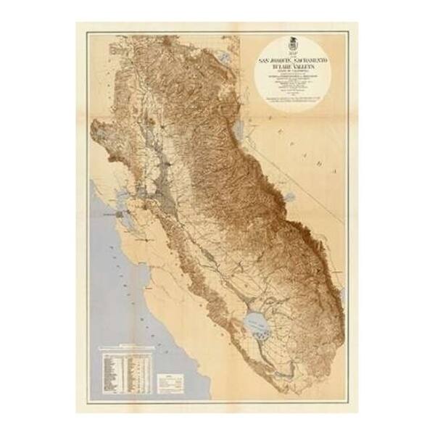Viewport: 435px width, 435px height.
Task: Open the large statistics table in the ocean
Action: click(127, 370)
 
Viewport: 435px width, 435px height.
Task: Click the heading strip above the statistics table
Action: click(127, 347)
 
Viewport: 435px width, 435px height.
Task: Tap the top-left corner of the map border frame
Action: click(88, 33)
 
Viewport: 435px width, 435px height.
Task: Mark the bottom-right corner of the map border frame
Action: click(347, 402)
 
